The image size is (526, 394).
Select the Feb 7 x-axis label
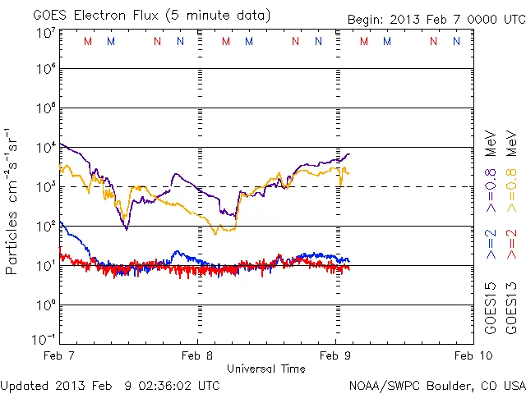point(58,356)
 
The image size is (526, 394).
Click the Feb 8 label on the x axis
point(196,356)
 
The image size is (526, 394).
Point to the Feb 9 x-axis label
point(335,356)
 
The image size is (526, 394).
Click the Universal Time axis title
point(265,369)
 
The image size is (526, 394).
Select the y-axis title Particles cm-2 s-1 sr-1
point(13,200)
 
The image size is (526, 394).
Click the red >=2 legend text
point(511,245)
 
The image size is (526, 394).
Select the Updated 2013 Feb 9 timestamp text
point(110,385)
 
